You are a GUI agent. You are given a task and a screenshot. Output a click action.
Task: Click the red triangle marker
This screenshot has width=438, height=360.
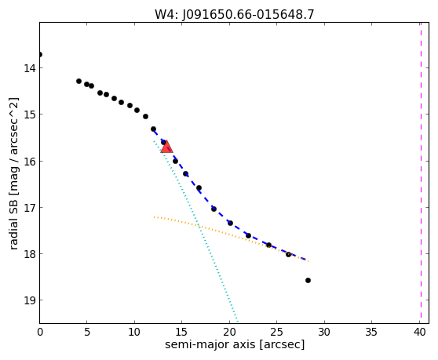166,147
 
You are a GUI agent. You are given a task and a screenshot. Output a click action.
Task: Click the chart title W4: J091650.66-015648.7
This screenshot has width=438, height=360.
235,15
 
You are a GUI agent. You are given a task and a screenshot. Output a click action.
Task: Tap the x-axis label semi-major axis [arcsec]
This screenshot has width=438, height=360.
235,344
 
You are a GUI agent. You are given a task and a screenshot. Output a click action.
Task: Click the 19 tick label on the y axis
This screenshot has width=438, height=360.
30,300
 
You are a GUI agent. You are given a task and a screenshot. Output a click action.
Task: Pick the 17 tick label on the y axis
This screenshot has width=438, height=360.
30,208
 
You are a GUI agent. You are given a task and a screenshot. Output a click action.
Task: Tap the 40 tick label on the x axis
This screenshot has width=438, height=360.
419,332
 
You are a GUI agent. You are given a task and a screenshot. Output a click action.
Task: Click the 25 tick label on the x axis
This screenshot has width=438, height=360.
276,332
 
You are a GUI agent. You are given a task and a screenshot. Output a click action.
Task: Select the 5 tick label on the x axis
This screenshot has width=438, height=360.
87,332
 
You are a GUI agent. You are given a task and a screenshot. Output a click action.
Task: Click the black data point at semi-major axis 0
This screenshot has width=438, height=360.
40,54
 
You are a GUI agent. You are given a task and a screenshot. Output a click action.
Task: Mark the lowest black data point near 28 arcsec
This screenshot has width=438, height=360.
308,280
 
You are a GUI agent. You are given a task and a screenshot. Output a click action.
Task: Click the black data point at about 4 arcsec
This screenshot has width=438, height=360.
78,82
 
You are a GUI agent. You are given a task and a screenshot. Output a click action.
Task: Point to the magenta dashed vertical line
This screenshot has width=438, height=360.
421,173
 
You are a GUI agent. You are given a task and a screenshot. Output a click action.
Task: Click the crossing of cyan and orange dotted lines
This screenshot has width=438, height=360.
199,226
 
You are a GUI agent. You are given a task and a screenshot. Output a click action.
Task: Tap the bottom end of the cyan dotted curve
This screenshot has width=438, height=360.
237,322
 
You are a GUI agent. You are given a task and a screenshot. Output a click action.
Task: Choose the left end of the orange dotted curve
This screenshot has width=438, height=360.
154,216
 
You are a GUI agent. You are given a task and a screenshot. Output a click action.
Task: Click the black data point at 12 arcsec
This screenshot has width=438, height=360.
153,129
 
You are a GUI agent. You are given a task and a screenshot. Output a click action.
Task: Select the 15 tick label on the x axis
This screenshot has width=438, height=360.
182,332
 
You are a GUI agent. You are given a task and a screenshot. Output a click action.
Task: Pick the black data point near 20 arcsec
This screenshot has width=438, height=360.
230,223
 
